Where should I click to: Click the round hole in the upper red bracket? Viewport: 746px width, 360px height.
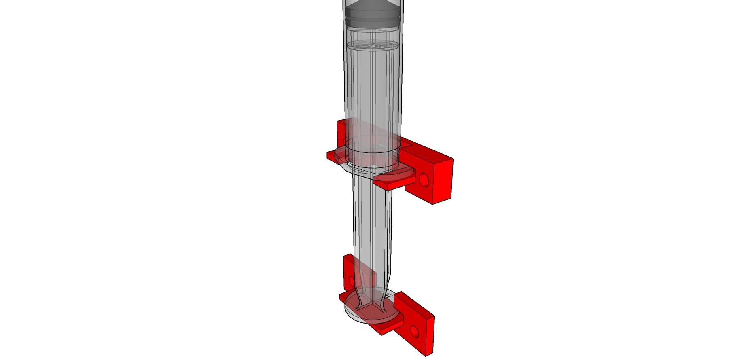coord(424,179)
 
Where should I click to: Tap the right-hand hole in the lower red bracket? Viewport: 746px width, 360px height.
coord(414,332)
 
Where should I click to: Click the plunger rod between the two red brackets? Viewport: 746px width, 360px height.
coord(372,227)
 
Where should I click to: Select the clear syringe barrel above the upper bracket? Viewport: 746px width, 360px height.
coord(373,89)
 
